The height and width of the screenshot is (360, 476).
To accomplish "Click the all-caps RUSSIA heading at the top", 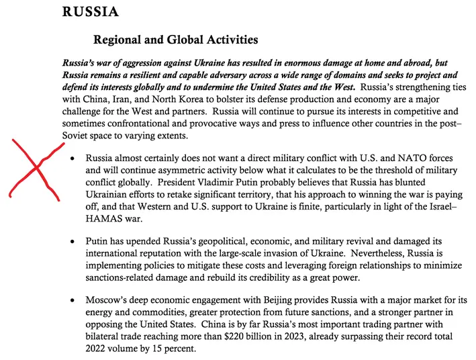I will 90,12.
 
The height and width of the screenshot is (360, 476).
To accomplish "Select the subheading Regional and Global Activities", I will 175,40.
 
